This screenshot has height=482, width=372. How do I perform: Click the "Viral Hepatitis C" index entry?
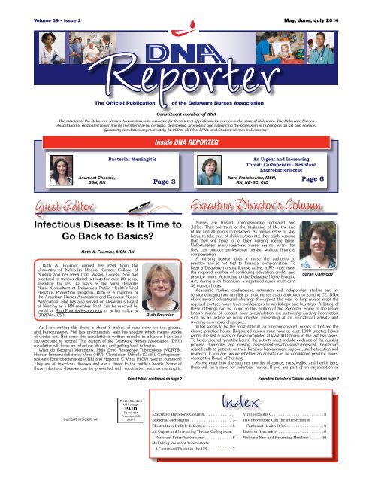283,456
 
